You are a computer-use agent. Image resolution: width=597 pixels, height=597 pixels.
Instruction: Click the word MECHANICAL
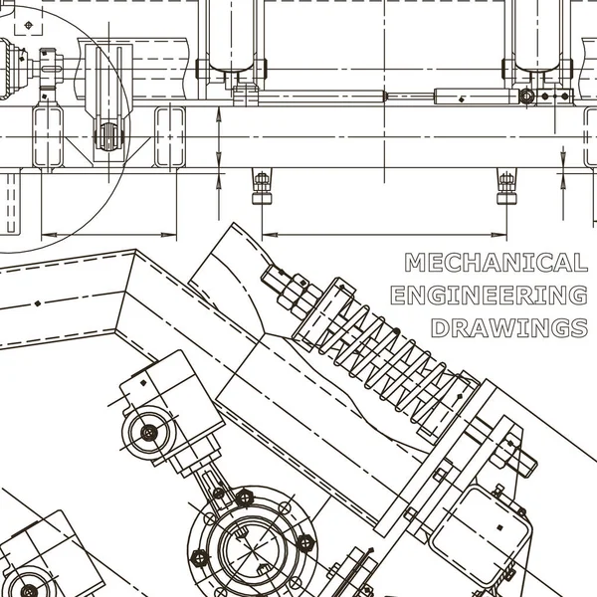click(496, 263)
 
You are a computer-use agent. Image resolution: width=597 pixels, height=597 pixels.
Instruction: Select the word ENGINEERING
click(489, 296)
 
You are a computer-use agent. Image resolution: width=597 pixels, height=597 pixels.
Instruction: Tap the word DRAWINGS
click(509, 327)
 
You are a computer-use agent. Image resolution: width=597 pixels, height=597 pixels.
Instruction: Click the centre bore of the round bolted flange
click(251, 548)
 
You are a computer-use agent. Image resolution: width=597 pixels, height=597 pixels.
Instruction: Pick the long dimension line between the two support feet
click(384, 235)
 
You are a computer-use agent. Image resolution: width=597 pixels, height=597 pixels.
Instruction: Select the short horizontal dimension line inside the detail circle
click(108, 235)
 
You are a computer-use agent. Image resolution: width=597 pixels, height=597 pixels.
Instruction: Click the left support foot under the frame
click(262, 186)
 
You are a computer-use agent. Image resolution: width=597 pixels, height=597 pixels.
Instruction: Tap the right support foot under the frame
click(506, 186)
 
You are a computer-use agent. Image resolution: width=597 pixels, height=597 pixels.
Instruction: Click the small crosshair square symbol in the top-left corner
click(29, 25)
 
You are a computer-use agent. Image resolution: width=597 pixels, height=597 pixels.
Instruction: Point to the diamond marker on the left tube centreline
click(38, 303)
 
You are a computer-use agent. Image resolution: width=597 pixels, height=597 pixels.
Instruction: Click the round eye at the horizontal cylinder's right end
click(527, 96)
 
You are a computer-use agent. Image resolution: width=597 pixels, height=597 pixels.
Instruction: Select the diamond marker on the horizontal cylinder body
click(462, 99)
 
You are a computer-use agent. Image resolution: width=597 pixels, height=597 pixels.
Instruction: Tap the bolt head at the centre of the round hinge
click(149, 432)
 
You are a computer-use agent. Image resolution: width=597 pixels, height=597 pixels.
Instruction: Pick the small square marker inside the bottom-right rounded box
click(500, 527)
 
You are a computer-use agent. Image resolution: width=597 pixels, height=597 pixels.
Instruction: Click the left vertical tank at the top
click(231, 35)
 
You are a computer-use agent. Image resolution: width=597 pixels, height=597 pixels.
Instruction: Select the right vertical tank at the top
click(537, 35)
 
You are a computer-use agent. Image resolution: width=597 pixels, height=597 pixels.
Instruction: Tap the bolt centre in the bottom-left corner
click(29, 590)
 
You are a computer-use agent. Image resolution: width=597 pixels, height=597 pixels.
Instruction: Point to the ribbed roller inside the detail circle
click(109, 136)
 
